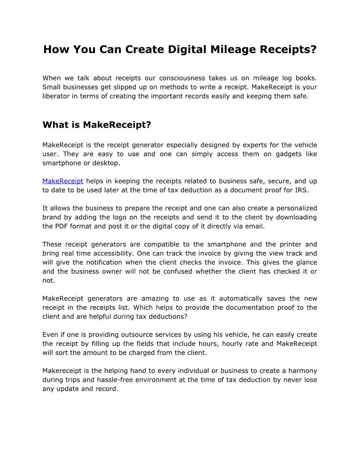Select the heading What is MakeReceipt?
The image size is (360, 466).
coord(97,125)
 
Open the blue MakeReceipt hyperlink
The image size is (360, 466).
coord(63,181)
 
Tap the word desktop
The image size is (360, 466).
coord(106,163)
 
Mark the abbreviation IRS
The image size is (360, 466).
coord(309,190)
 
